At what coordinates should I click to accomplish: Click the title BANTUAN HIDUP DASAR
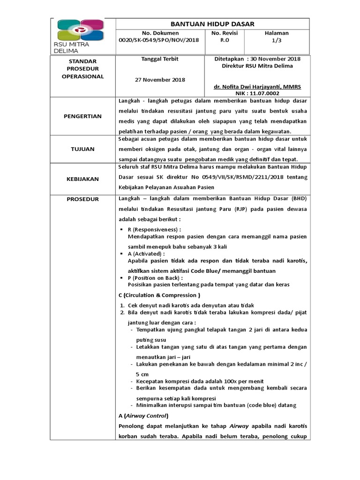pyautogui.click(x=212, y=24)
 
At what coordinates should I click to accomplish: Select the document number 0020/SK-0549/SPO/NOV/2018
pyautogui.click(x=160, y=40)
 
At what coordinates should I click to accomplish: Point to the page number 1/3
pyautogui.click(x=277, y=40)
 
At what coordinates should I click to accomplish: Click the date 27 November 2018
pyautogui.click(x=160, y=80)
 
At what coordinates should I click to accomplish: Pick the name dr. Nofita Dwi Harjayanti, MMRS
pyautogui.click(x=257, y=87)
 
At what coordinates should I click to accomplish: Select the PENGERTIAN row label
pyautogui.click(x=82, y=116)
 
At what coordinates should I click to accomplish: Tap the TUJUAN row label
pyautogui.click(x=82, y=149)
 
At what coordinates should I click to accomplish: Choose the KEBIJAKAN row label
pyautogui.click(x=82, y=179)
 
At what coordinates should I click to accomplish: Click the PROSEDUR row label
pyautogui.click(x=82, y=199)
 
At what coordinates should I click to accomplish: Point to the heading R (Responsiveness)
pyautogui.click(x=154, y=230)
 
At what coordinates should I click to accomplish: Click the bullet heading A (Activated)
pyautogui.click(x=146, y=253)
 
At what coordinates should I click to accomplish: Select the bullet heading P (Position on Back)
pyautogui.click(x=155, y=278)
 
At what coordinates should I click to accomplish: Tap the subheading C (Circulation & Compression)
pyautogui.click(x=160, y=295)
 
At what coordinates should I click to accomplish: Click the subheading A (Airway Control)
pyautogui.click(x=142, y=416)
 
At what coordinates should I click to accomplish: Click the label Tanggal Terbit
pyautogui.click(x=160, y=59)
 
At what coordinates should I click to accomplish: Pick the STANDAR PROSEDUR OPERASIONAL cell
pyautogui.click(x=82, y=69)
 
